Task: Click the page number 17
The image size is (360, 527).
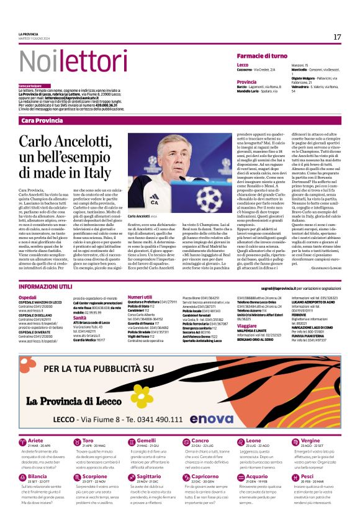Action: pyautogui.click(x=337, y=37)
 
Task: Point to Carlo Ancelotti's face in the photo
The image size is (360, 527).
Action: pyautogui.click(x=161, y=154)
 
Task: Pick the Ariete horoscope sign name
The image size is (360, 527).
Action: pyautogui.click(x=35, y=423)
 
